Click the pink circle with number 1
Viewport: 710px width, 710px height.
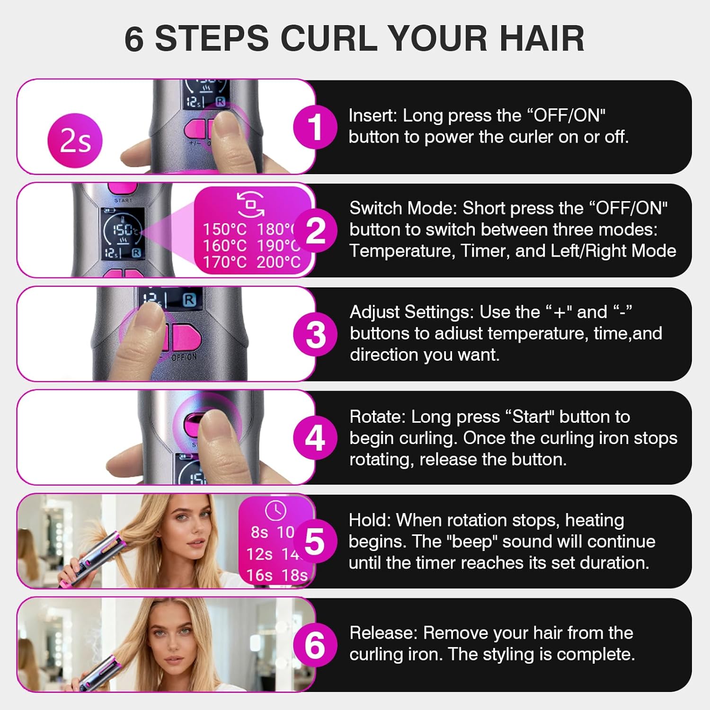pos(315,126)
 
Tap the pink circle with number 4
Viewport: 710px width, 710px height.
pos(315,438)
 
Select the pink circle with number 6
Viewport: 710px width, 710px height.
pos(315,645)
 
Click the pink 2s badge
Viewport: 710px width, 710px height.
pos(75,141)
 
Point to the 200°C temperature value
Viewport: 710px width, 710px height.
pos(278,262)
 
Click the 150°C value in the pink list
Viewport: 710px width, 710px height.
pos(225,230)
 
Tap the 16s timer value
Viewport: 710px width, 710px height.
pos(259,575)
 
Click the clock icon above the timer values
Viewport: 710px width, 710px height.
pos(276,511)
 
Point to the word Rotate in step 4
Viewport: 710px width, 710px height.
pos(377,417)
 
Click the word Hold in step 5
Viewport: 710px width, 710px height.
pos(368,520)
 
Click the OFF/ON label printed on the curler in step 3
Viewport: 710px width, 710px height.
pos(184,357)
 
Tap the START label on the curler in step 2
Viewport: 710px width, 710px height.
pos(124,201)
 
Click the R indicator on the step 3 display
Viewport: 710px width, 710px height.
pos(189,300)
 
